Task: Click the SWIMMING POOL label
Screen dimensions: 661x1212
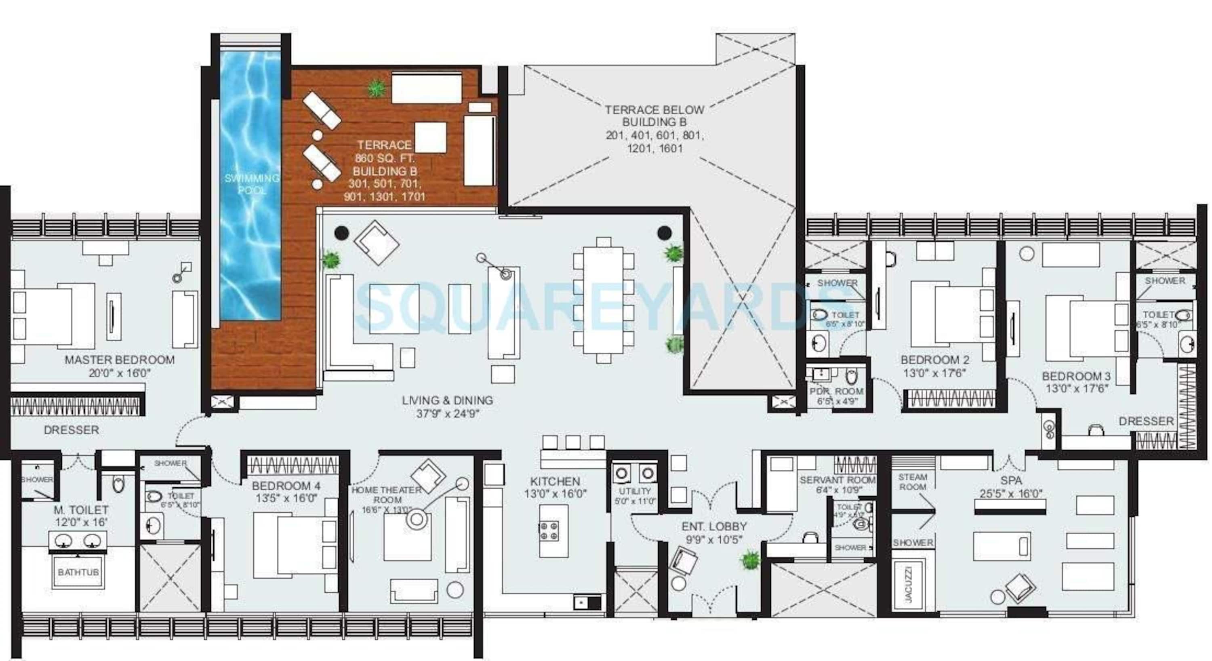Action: pos(252,184)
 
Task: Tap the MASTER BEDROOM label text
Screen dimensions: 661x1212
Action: pos(120,360)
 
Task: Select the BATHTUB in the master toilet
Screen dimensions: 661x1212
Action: pos(78,572)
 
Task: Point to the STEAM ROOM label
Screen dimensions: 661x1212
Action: pos(912,482)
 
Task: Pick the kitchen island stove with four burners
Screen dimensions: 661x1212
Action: pos(549,530)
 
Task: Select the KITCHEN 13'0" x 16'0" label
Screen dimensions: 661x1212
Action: pos(555,487)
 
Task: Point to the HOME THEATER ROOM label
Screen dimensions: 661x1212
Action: pos(387,495)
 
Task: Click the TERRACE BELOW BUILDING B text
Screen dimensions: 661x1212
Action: pos(654,116)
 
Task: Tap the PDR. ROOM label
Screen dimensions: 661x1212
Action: pos(837,392)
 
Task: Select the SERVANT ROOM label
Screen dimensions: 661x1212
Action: pos(837,480)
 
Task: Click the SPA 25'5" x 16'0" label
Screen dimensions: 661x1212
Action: pos(1011,486)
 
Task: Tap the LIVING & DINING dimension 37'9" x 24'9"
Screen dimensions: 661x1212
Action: pos(448,414)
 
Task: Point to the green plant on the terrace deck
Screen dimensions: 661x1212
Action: pos(376,88)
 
